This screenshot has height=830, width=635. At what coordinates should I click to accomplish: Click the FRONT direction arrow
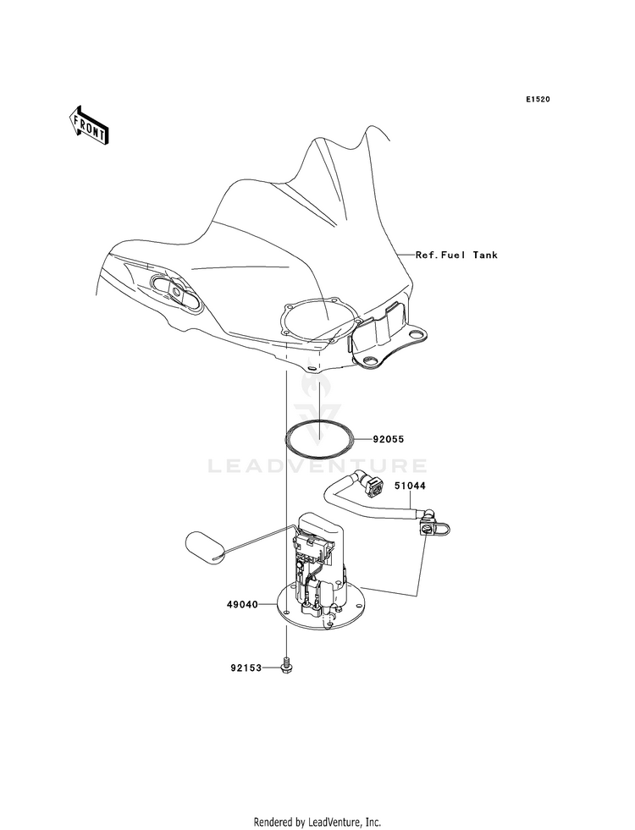coord(88,125)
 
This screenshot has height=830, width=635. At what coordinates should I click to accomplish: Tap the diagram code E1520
coord(538,99)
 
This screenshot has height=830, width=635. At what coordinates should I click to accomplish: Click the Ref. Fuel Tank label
coord(456,256)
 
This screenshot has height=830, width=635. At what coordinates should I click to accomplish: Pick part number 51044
coord(409,486)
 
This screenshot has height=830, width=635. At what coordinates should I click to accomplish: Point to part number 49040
coord(242,604)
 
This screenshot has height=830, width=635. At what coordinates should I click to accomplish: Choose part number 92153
coord(246,668)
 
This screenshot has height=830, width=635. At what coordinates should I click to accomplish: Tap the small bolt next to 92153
coord(286,666)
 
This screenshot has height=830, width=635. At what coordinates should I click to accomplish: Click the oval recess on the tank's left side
coord(176,293)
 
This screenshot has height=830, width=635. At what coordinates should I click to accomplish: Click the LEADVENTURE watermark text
coord(317,466)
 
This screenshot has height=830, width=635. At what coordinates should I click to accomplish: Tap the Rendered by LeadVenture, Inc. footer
coord(317,822)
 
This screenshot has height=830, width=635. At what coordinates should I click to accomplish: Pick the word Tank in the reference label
coord(485,256)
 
